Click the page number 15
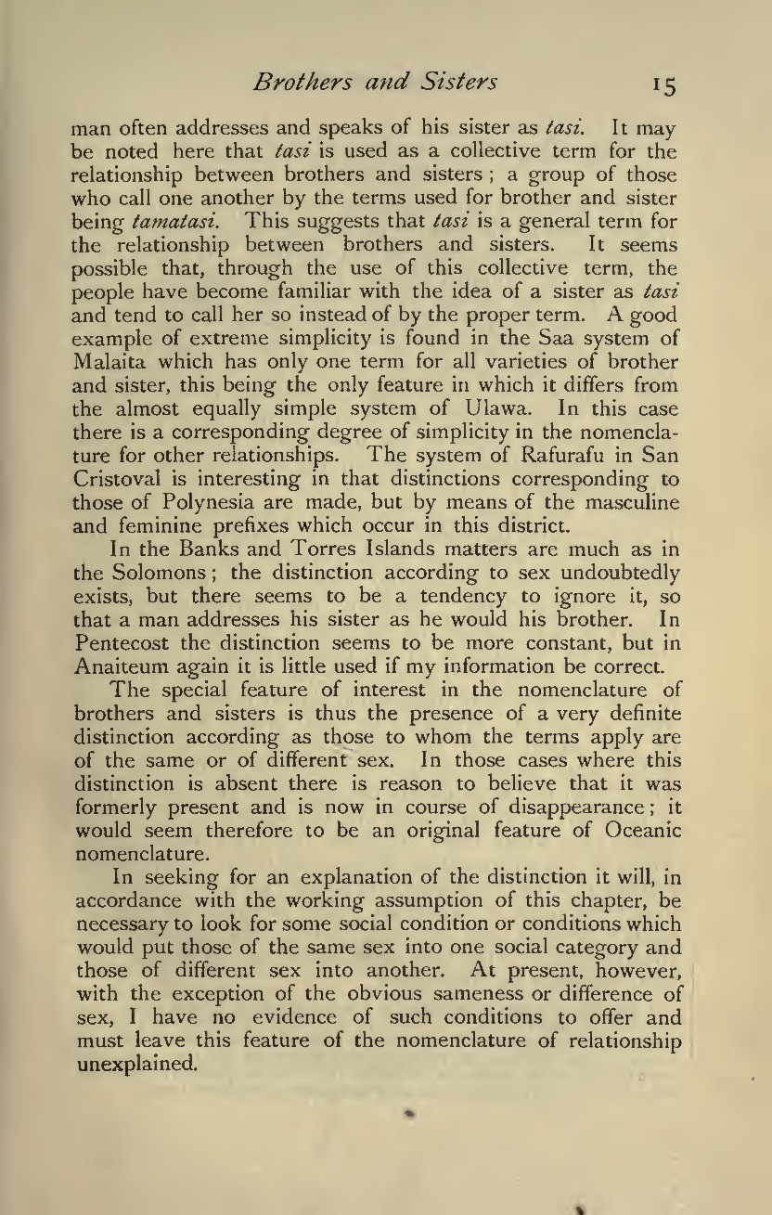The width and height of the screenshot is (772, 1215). coord(663,85)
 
